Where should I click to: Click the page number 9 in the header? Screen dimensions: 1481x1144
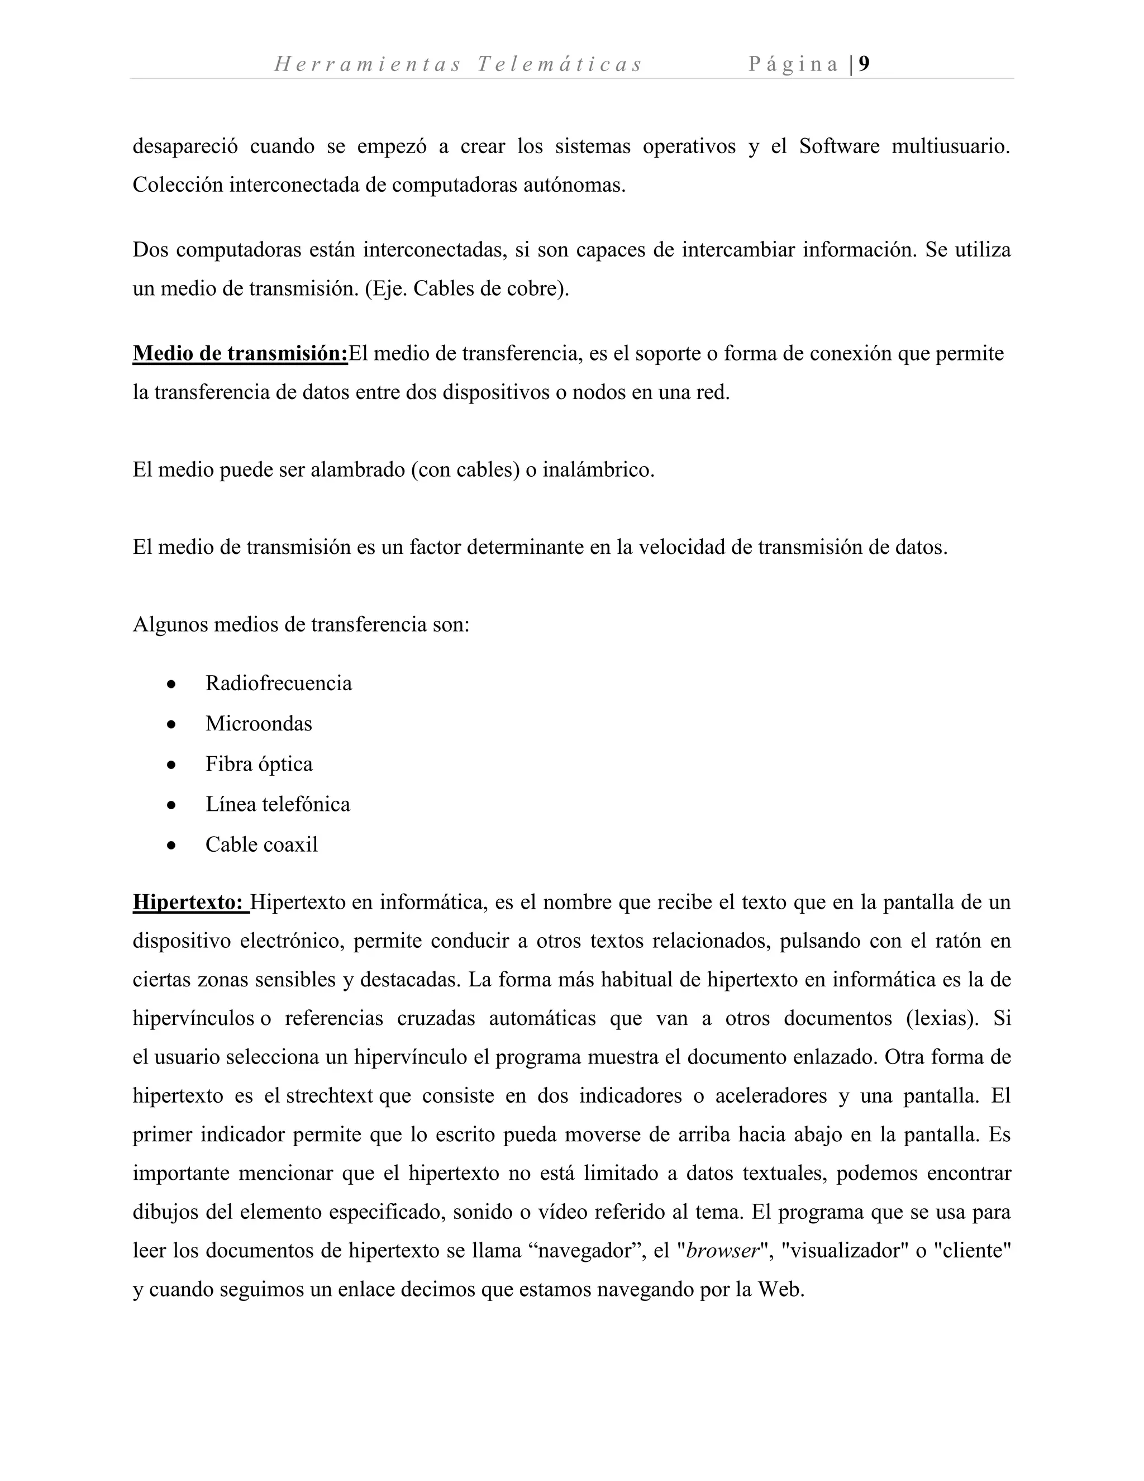click(864, 64)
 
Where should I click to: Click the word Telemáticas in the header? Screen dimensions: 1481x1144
click(559, 64)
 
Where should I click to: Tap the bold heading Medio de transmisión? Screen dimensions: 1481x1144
click(240, 353)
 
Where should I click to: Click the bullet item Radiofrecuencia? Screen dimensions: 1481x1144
click(279, 683)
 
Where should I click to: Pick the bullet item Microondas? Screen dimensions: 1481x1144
click(259, 724)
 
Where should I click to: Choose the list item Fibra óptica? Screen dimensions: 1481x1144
click(259, 764)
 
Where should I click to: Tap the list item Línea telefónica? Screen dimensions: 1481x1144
click(278, 804)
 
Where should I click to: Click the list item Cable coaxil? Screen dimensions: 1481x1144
click(261, 844)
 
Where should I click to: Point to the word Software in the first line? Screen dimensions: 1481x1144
click(839, 146)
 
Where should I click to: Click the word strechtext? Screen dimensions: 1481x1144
click(330, 1096)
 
